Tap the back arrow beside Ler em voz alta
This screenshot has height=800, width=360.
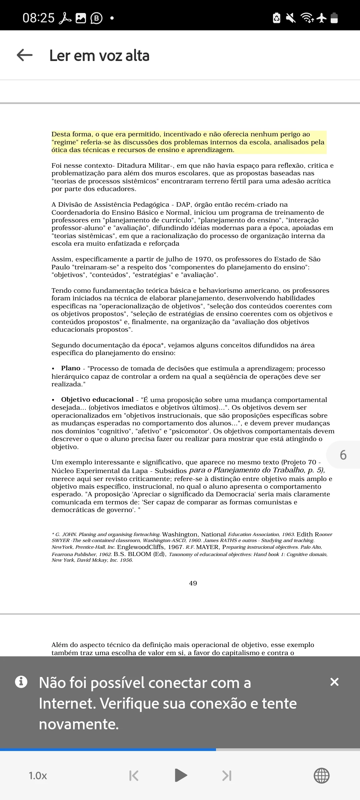(25, 55)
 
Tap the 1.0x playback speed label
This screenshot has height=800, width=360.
(38, 776)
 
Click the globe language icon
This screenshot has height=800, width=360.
(322, 776)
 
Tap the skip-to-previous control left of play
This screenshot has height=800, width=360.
(134, 776)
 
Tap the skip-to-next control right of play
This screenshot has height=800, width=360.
(227, 776)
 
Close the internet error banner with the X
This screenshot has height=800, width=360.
(334, 682)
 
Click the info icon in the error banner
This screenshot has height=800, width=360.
(21, 682)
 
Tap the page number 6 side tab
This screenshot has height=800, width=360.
(343, 455)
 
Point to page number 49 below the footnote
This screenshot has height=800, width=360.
(193, 583)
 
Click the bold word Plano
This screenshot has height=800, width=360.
(71, 368)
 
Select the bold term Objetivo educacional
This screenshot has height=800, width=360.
(97, 400)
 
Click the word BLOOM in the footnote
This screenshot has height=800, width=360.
(140, 554)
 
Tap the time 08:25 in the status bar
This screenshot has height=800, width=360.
(38, 18)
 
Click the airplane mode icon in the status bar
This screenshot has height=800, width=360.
(322, 18)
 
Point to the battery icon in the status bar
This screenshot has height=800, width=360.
(334, 18)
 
